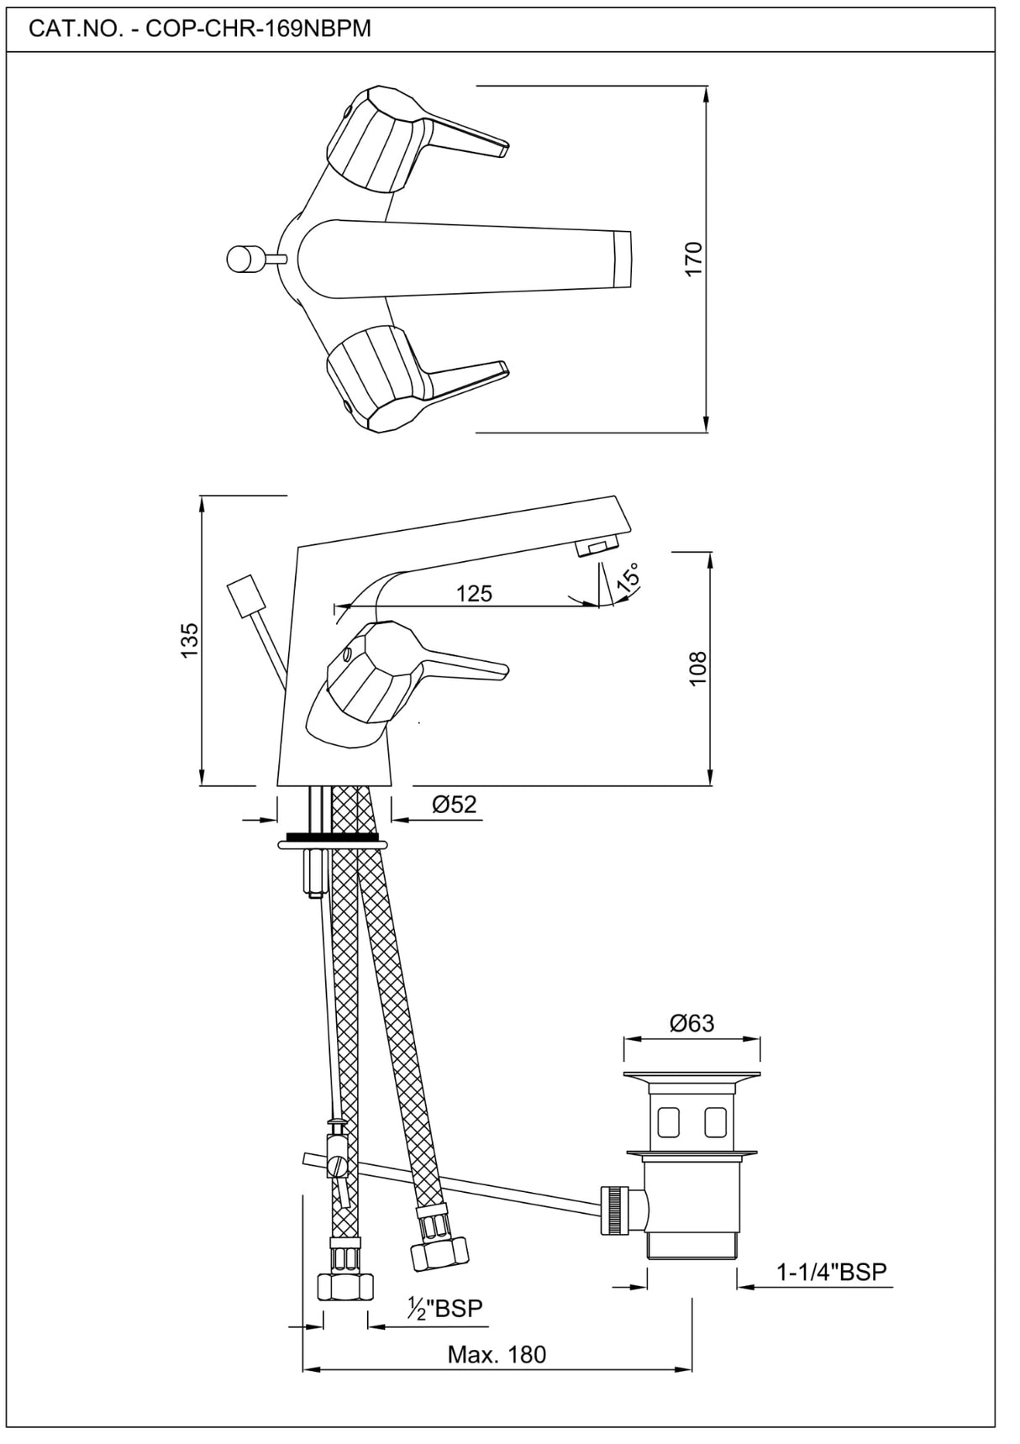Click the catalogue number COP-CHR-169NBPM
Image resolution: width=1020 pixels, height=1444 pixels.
click(x=200, y=29)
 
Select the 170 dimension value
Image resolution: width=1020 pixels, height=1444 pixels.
click(x=694, y=259)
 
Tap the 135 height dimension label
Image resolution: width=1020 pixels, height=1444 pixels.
click(x=190, y=640)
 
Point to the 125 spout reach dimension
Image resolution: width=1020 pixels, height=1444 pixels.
click(x=474, y=593)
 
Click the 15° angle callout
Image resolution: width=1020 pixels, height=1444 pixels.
click(x=628, y=576)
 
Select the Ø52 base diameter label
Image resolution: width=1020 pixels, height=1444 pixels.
click(x=454, y=805)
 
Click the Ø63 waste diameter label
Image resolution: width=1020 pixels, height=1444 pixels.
click(x=691, y=1023)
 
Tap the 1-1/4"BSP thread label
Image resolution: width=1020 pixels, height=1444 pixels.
click(x=831, y=1272)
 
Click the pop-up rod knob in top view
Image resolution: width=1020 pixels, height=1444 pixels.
click(x=244, y=258)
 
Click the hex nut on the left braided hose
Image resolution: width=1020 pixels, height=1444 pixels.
click(x=345, y=1286)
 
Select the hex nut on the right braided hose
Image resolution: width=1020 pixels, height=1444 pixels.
click(x=438, y=1253)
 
